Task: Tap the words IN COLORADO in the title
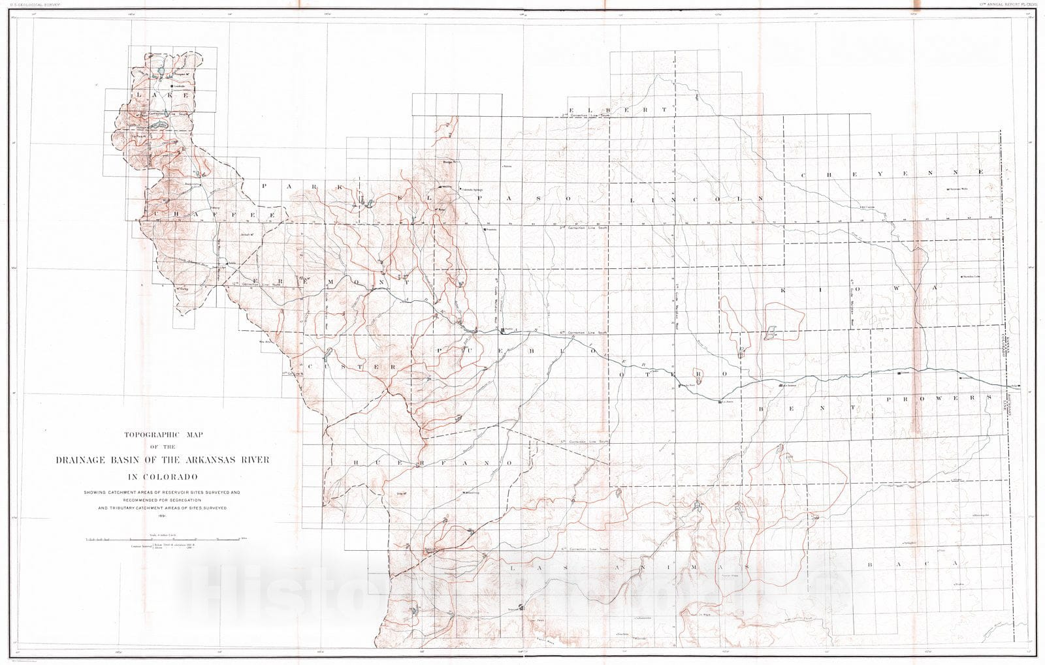point(162,476)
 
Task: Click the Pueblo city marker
point(502,331)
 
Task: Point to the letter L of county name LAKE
point(138,95)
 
